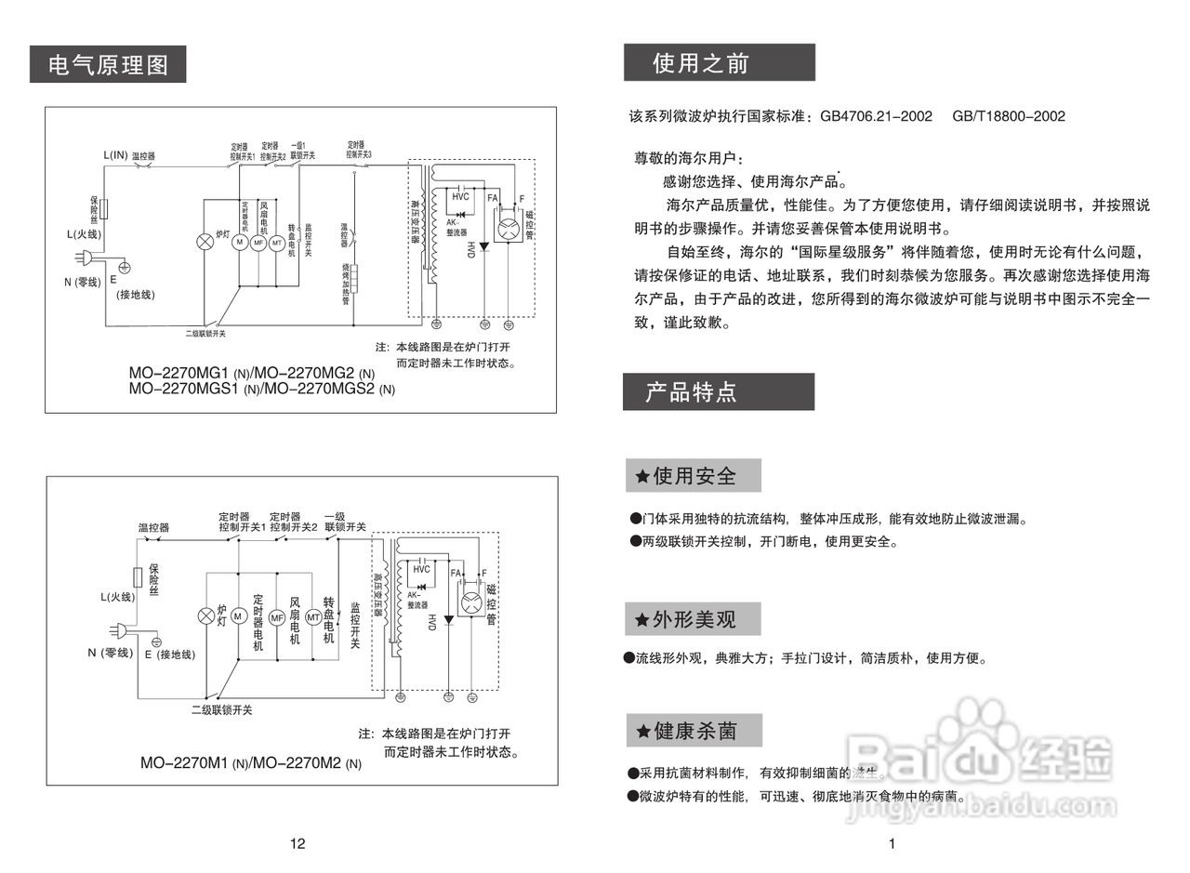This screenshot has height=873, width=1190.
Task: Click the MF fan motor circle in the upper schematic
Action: [258, 242]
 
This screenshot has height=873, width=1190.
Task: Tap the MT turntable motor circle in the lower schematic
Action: [313, 617]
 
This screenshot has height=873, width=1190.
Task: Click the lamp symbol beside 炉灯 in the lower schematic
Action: [206, 617]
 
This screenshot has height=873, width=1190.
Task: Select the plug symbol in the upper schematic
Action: [85, 259]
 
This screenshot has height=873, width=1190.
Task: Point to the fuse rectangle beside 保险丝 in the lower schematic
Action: [139, 575]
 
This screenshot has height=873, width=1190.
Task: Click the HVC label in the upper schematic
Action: [461, 197]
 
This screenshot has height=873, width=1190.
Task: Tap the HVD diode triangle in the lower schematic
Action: [449, 618]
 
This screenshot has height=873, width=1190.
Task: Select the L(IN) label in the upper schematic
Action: [114, 155]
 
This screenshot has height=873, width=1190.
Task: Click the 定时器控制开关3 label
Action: [359, 150]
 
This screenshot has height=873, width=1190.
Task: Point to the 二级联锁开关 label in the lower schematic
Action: [221, 710]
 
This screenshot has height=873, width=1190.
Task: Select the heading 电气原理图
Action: [108, 65]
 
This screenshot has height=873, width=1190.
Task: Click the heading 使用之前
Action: [700, 63]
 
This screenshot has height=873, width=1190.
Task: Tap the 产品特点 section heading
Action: [691, 392]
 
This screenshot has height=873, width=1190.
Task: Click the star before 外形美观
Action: [641, 620]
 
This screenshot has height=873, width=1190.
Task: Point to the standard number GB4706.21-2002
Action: [876, 116]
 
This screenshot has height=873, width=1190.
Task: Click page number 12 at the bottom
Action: [297, 844]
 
